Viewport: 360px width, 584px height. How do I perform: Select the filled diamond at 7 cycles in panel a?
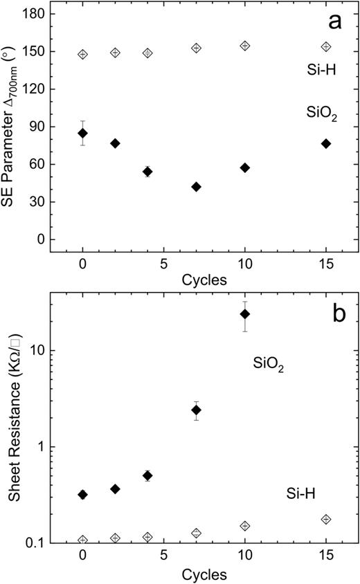point(196,187)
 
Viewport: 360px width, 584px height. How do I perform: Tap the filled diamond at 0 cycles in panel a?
point(83,133)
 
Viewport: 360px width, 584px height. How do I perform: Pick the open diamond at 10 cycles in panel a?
point(244,46)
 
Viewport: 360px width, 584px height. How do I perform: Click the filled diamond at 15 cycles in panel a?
point(326,143)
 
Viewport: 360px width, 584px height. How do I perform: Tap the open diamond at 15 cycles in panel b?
point(326,520)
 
